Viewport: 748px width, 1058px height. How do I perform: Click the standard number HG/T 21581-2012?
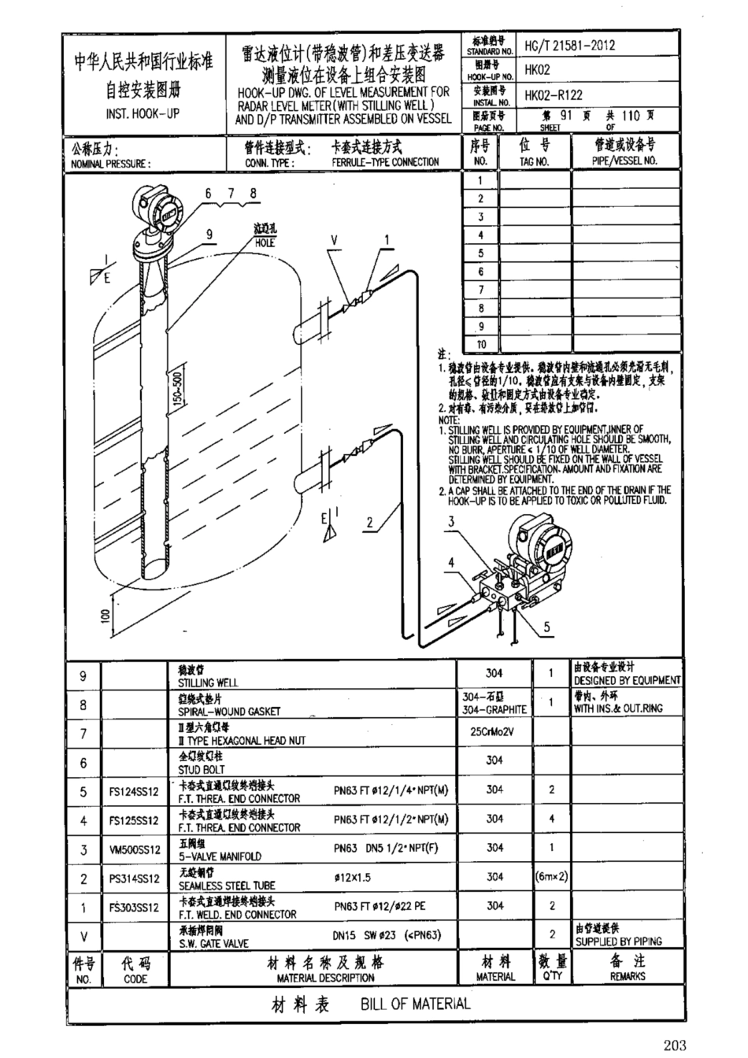(x=570, y=45)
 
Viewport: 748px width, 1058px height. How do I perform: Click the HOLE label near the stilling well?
(x=265, y=243)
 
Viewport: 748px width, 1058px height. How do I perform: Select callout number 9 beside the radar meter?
(x=209, y=234)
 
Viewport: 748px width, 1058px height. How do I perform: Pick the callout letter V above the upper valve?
(x=333, y=239)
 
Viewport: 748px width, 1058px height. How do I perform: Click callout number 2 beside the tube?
(x=369, y=520)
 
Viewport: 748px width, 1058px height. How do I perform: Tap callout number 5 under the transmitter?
(x=547, y=627)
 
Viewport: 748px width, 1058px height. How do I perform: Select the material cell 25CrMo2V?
(x=494, y=734)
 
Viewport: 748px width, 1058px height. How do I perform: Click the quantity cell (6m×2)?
(x=552, y=876)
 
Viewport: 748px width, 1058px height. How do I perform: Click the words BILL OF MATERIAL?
(x=415, y=1003)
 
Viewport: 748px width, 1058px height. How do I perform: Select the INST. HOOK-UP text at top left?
(x=143, y=113)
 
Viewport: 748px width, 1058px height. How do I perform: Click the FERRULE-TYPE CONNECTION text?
(x=385, y=162)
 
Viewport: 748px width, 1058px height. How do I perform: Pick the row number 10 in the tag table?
(x=481, y=344)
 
